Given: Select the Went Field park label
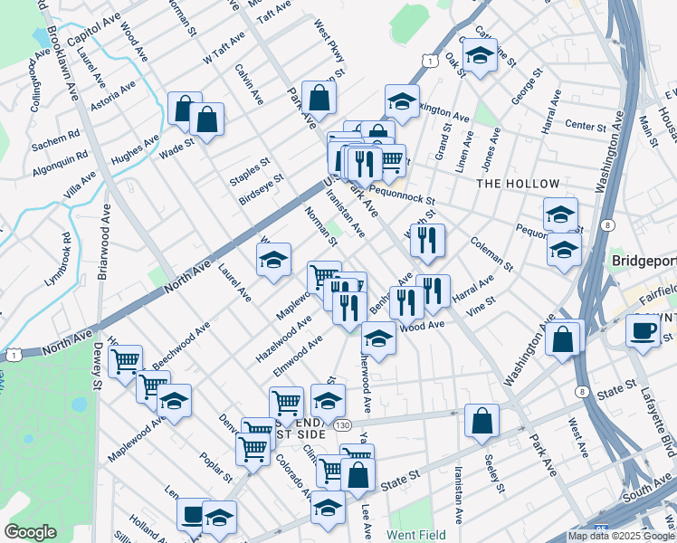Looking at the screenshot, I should [x=415, y=535].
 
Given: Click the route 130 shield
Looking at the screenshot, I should [x=339, y=424].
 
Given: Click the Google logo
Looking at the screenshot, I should [x=30, y=532].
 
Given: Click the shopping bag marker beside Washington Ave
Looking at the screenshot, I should [x=563, y=339].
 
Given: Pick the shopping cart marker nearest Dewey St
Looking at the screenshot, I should [x=126, y=361].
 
